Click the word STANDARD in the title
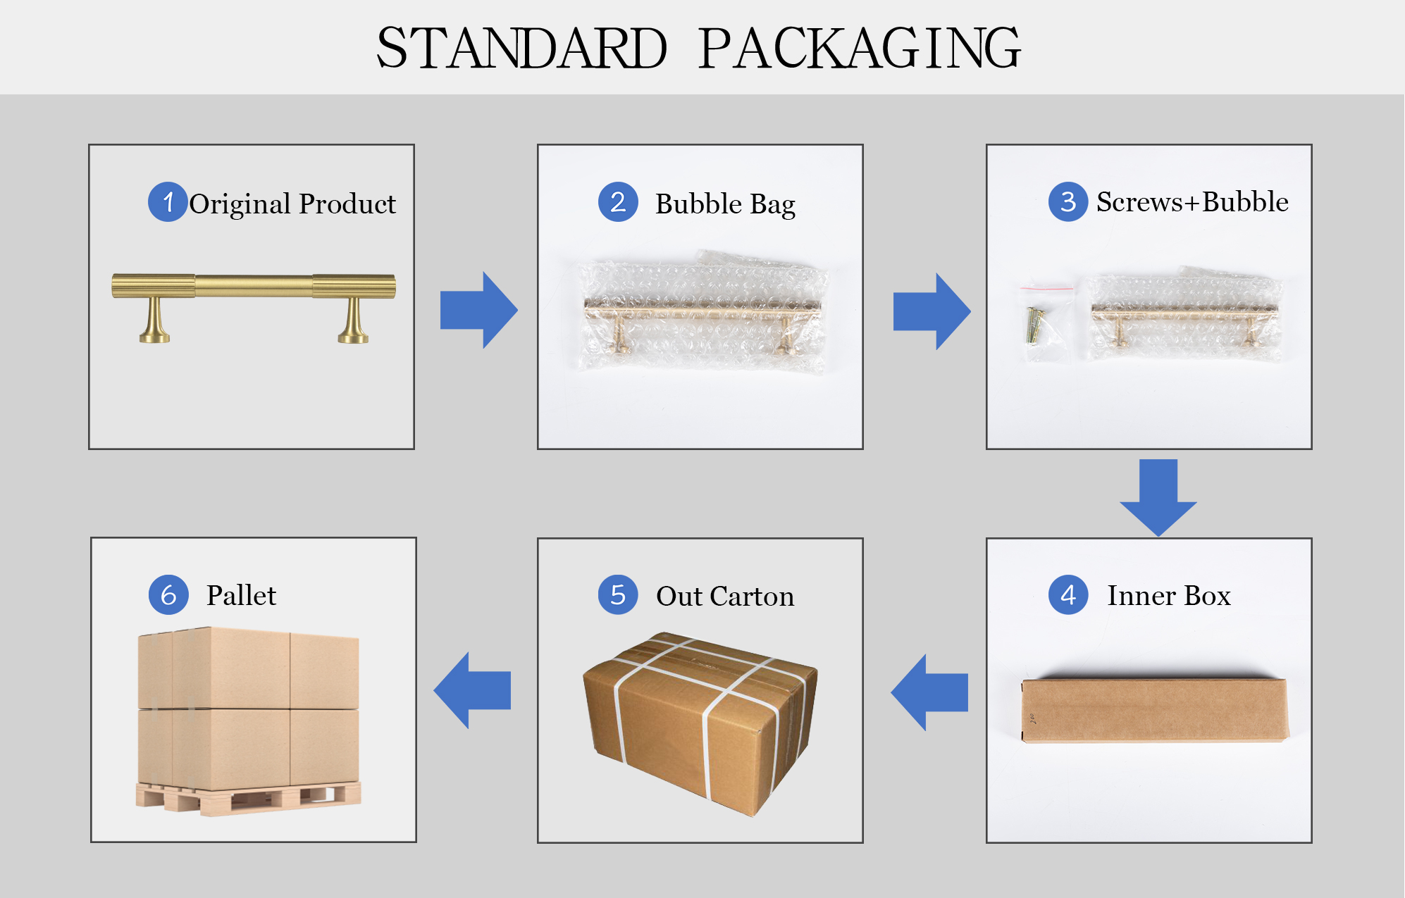tap(521, 48)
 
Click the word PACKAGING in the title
tap(860, 48)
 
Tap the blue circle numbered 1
tap(168, 202)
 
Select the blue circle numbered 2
tap(618, 202)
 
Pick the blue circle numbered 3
tap(1068, 202)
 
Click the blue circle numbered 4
tap(1068, 595)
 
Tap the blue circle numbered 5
tap(618, 595)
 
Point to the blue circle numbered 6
tap(168, 595)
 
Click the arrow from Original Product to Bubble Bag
tap(479, 310)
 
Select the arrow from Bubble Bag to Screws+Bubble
tap(932, 311)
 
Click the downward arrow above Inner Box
tap(1158, 498)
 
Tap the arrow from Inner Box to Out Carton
tap(929, 692)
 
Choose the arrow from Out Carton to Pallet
tap(472, 690)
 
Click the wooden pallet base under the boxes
tap(249, 797)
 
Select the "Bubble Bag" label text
tap(725, 204)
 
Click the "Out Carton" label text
tap(725, 597)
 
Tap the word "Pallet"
tap(241, 595)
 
